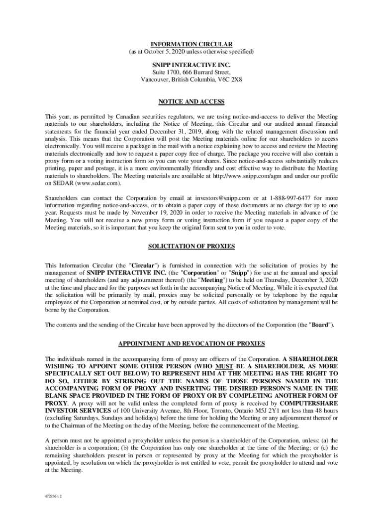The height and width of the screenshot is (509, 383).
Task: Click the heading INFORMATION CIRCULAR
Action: point(191,44)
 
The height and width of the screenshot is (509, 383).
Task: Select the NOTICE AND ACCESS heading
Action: point(191,102)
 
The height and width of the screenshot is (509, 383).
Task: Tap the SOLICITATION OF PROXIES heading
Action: point(191,247)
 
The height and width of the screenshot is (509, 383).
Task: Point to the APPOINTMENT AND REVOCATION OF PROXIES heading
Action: point(191,344)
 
